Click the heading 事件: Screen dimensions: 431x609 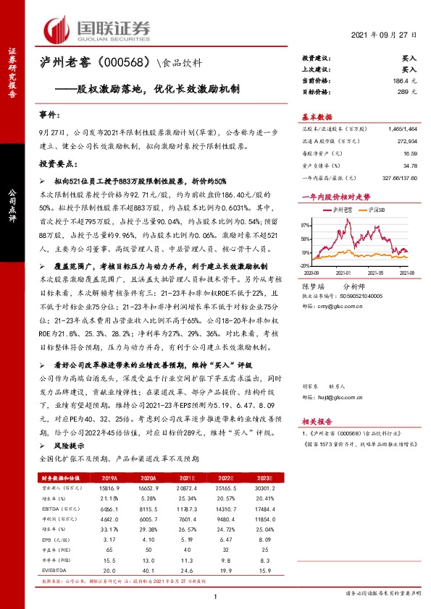[x=49, y=115]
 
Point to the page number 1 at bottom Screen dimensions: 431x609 [x=215, y=596]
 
